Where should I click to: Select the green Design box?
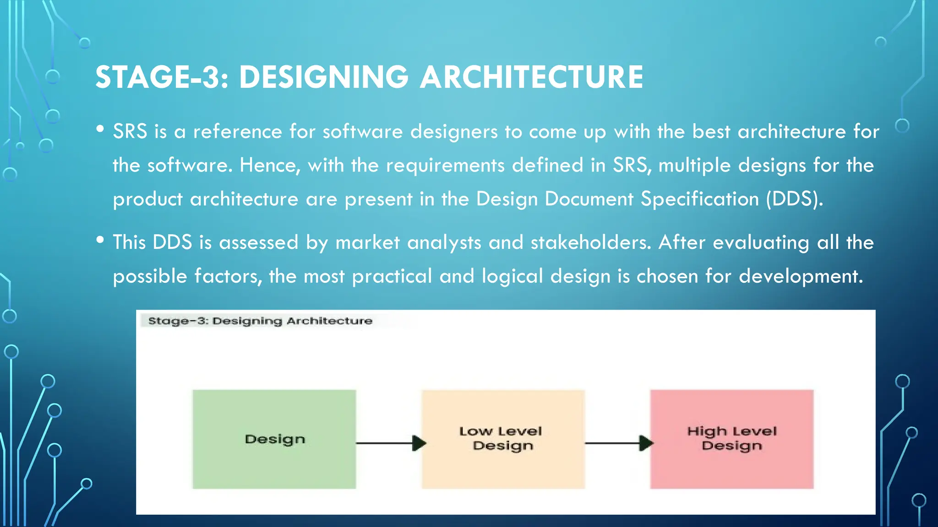point(274,439)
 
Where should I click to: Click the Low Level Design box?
point(503,439)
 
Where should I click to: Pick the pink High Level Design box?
point(731,439)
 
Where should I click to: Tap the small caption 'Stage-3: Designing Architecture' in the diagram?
point(260,321)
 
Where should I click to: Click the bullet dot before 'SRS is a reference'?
point(100,129)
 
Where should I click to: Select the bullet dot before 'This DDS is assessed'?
point(100,240)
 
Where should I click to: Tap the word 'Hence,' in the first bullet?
point(270,165)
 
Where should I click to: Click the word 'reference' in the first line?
point(237,132)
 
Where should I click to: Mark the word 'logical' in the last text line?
point(512,276)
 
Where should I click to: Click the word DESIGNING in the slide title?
point(323,77)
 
